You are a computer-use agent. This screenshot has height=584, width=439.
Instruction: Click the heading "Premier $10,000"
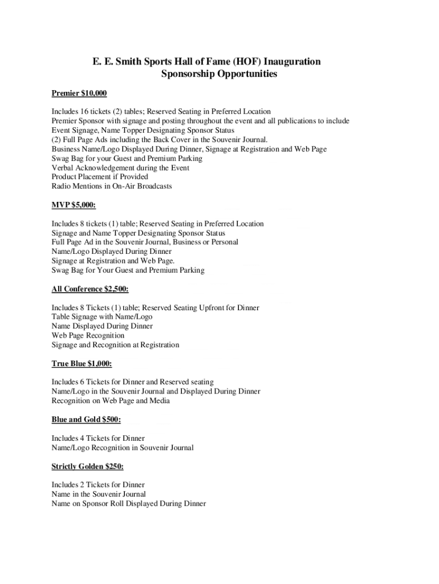point(79,93)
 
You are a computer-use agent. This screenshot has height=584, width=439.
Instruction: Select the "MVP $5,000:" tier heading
point(74,205)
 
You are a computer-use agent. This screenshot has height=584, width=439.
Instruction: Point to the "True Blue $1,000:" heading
point(82,363)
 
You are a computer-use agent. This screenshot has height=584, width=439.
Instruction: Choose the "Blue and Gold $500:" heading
point(86,420)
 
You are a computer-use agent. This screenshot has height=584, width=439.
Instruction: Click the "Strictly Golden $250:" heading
point(87,466)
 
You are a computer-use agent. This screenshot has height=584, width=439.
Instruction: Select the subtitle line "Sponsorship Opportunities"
point(219,75)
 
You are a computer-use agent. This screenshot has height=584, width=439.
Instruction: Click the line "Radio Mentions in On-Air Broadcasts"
point(112,186)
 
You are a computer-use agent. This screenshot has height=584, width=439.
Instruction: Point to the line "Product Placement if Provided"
point(100,177)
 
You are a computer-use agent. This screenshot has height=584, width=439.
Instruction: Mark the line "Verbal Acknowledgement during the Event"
point(120,168)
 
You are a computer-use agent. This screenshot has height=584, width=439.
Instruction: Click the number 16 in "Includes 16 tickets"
point(89,112)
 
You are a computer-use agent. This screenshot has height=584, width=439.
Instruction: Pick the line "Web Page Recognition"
point(88,335)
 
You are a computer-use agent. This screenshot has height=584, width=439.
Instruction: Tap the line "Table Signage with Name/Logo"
point(102,317)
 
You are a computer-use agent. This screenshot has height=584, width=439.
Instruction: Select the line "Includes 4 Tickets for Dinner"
point(98,439)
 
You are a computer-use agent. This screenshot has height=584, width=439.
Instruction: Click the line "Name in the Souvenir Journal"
point(99,494)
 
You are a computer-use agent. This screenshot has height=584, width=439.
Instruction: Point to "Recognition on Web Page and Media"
point(111,400)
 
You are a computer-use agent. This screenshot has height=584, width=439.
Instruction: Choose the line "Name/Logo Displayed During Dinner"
point(112,252)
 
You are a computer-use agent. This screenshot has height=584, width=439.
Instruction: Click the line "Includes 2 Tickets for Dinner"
point(98,485)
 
